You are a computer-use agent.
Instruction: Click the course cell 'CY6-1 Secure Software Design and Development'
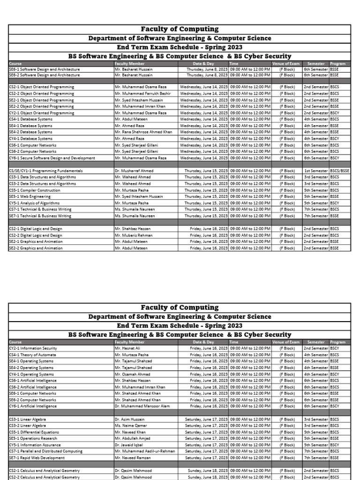click(x=52, y=158)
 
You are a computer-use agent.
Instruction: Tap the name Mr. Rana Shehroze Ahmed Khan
click(x=143, y=132)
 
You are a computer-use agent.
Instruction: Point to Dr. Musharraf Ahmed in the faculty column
click(x=134, y=171)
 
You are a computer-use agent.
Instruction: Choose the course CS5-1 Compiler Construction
click(x=35, y=190)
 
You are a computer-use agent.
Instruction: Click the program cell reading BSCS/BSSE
click(x=340, y=171)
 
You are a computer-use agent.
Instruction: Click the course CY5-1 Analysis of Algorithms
click(x=34, y=203)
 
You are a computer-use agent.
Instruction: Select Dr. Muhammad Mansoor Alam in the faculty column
click(x=142, y=406)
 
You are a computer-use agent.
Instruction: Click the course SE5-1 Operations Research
click(x=33, y=438)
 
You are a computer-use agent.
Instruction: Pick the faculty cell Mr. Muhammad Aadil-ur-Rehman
click(x=145, y=451)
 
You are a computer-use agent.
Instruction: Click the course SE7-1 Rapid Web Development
click(x=37, y=457)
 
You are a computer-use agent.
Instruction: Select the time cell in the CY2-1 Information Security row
click(x=250, y=349)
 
